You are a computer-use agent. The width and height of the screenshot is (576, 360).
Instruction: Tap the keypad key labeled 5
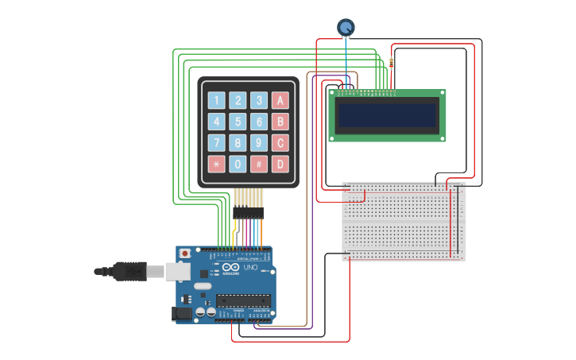238,122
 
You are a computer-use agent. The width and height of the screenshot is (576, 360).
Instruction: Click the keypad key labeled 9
258,143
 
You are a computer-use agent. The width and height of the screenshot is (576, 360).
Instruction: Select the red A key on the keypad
280,100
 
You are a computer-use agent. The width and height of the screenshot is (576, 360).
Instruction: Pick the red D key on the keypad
280,165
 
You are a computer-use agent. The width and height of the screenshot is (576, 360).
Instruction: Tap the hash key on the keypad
258,165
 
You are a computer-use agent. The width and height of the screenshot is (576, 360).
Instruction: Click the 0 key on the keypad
238,165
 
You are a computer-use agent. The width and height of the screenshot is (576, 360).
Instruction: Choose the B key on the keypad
280,122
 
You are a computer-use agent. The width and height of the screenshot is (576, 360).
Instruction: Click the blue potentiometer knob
346,28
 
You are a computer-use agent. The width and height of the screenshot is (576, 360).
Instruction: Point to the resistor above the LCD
392,64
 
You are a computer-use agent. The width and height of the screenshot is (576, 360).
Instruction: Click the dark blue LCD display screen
387,116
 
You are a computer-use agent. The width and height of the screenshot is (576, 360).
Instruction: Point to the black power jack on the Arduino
183,314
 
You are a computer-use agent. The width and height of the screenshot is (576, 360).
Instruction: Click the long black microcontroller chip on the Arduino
243,300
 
